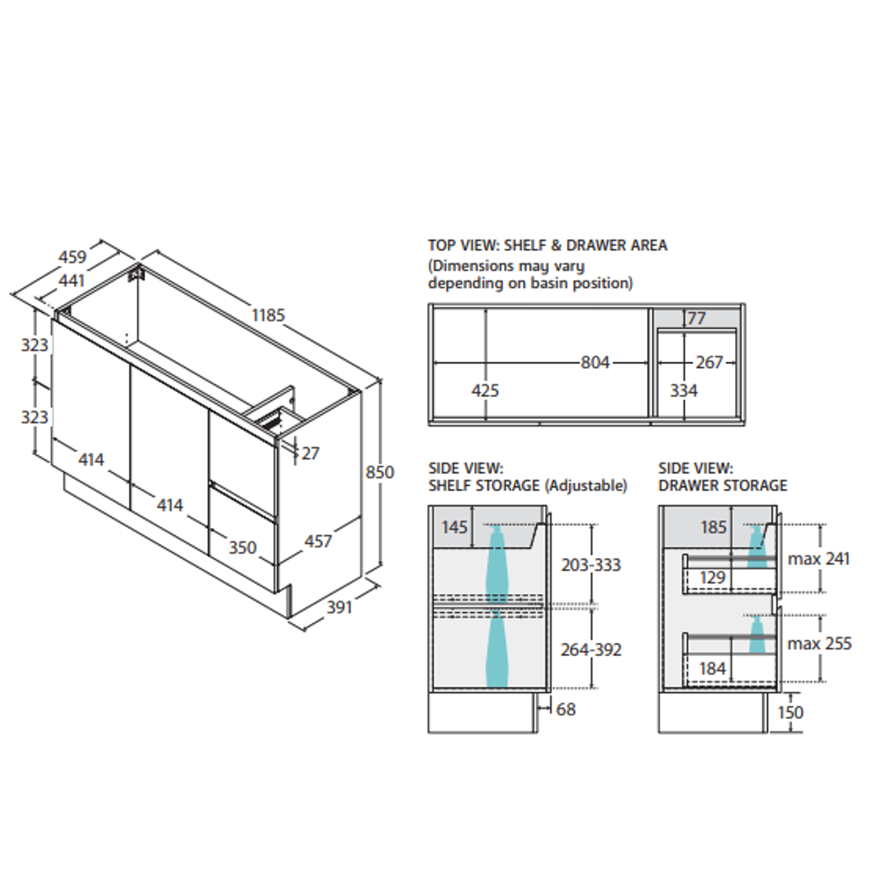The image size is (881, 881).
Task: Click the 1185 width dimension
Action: coord(268,315)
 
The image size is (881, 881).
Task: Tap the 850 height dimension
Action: coord(380,472)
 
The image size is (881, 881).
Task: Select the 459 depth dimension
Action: coord(73,257)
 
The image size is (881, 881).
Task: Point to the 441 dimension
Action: coord(72,280)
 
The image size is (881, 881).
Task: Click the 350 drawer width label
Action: coord(242,547)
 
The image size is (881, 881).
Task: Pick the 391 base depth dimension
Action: coord(339,607)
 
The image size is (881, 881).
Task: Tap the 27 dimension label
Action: coord(310,453)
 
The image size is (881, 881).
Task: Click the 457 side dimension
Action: coord(318,541)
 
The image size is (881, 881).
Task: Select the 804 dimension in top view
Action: coord(595,362)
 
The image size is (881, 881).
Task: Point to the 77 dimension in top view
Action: coord(696,319)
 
